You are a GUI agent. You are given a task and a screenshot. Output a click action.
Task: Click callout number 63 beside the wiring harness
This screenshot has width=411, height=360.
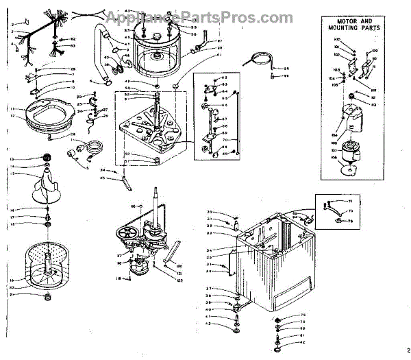pyautogui.click(x=72, y=46)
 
